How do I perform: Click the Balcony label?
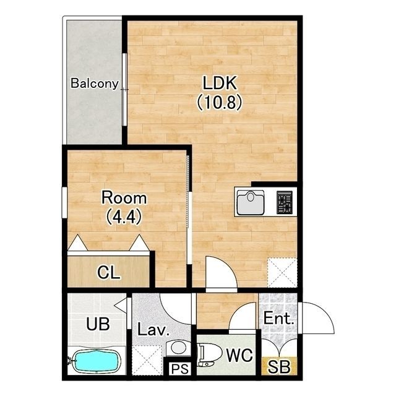(95, 84)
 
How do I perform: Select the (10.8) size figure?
(220, 102)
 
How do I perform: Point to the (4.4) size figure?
(124, 217)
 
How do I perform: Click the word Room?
(124, 198)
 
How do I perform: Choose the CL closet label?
(109, 272)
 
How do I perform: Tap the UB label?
(98, 324)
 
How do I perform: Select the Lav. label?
(153, 330)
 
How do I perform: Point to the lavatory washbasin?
(178, 348)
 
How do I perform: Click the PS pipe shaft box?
(180, 369)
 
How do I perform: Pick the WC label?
(239, 355)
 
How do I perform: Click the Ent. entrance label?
(279, 319)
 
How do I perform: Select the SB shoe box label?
(279, 367)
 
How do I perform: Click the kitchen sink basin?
(251, 202)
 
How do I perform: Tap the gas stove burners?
(285, 202)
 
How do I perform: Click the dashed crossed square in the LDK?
(282, 272)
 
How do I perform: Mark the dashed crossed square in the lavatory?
(147, 360)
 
